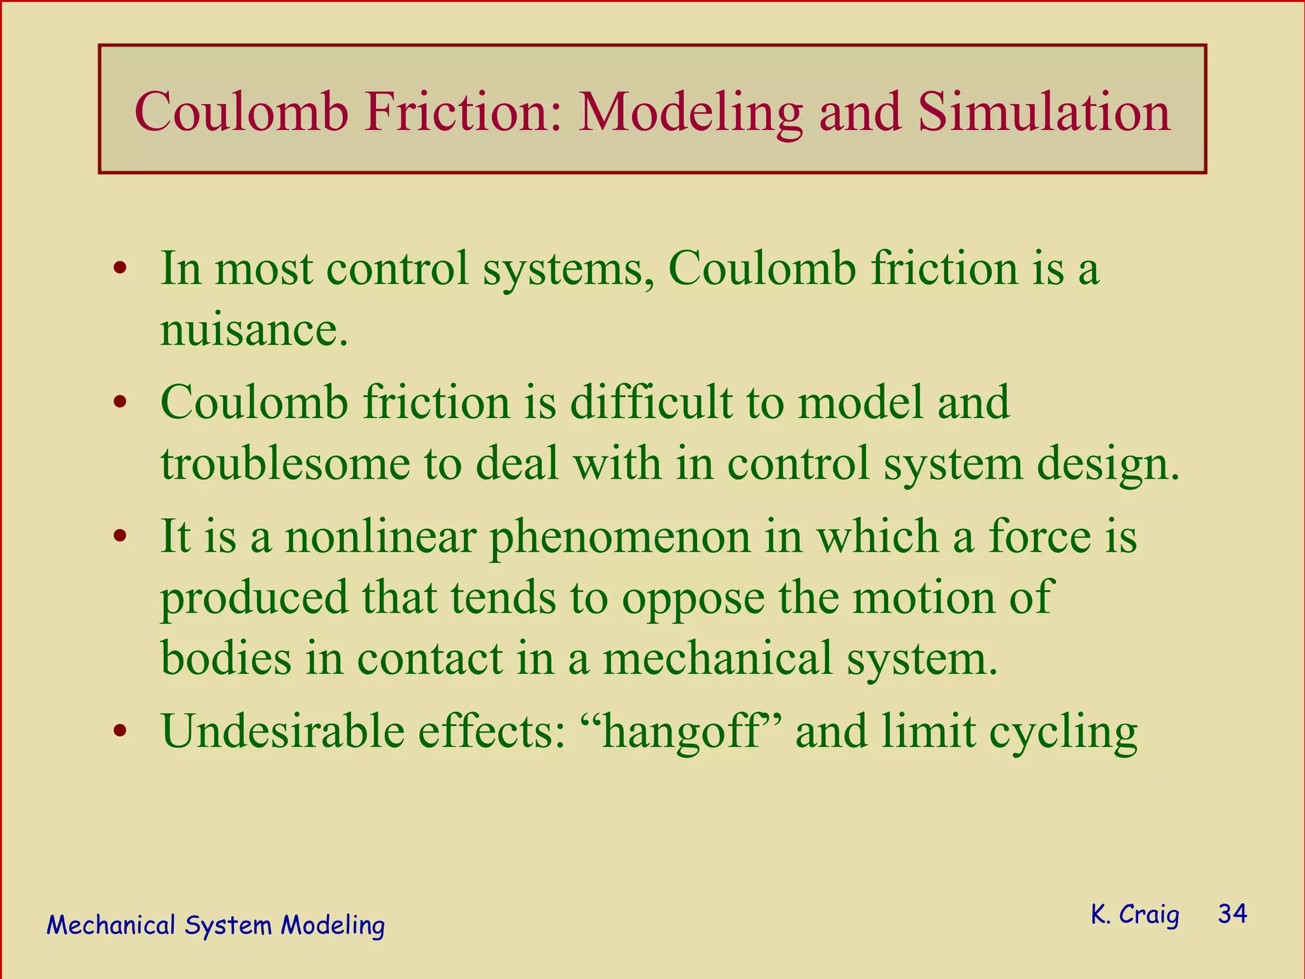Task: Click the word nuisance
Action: tap(254, 330)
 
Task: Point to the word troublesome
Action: tap(285, 463)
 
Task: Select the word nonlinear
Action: tap(380, 537)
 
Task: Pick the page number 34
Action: tap(1232, 914)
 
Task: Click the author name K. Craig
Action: tap(1134, 915)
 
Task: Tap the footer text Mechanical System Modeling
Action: tap(215, 925)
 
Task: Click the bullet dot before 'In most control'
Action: tap(119, 270)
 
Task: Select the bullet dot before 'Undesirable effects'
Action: tap(119, 732)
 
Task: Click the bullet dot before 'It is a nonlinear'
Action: tap(119, 537)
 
